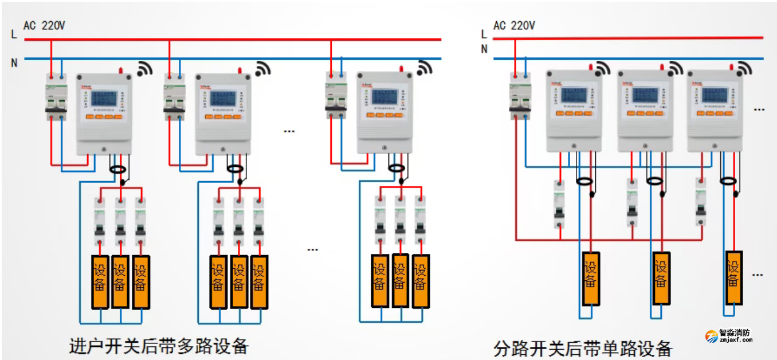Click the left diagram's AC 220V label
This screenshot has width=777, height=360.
point(44,25)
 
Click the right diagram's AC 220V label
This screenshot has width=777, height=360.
point(514,25)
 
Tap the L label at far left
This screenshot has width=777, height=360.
point(14,34)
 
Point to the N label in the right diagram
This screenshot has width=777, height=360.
point(484,49)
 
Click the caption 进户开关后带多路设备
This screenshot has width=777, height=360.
point(159,346)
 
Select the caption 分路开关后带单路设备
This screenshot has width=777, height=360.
point(582,348)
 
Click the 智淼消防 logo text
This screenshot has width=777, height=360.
point(735,332)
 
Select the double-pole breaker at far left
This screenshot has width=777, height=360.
point(56,97)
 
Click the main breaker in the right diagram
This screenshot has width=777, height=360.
point(520,96)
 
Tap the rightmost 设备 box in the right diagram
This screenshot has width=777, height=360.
point(733,277)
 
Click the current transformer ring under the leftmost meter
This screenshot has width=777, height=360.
point(119,169)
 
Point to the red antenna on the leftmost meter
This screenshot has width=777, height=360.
point(121,71)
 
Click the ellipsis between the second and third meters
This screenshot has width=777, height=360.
point(289,131)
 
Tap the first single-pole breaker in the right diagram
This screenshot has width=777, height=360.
point(560,205)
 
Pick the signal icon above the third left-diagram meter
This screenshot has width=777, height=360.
point(424,68)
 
